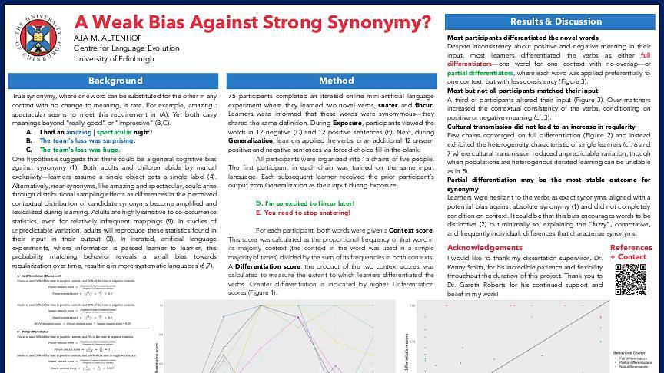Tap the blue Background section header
pyautogui.click(x=115, y=81)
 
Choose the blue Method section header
pyautogui.click(x=336, y=81)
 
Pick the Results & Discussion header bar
pyautogui.click(x=550, y=21)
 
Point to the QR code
pyautogui.click(x=629, y=278)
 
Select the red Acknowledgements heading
pyautogui.click(x=485, y=247)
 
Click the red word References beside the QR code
pyautogui.click(x=631, y=247)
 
